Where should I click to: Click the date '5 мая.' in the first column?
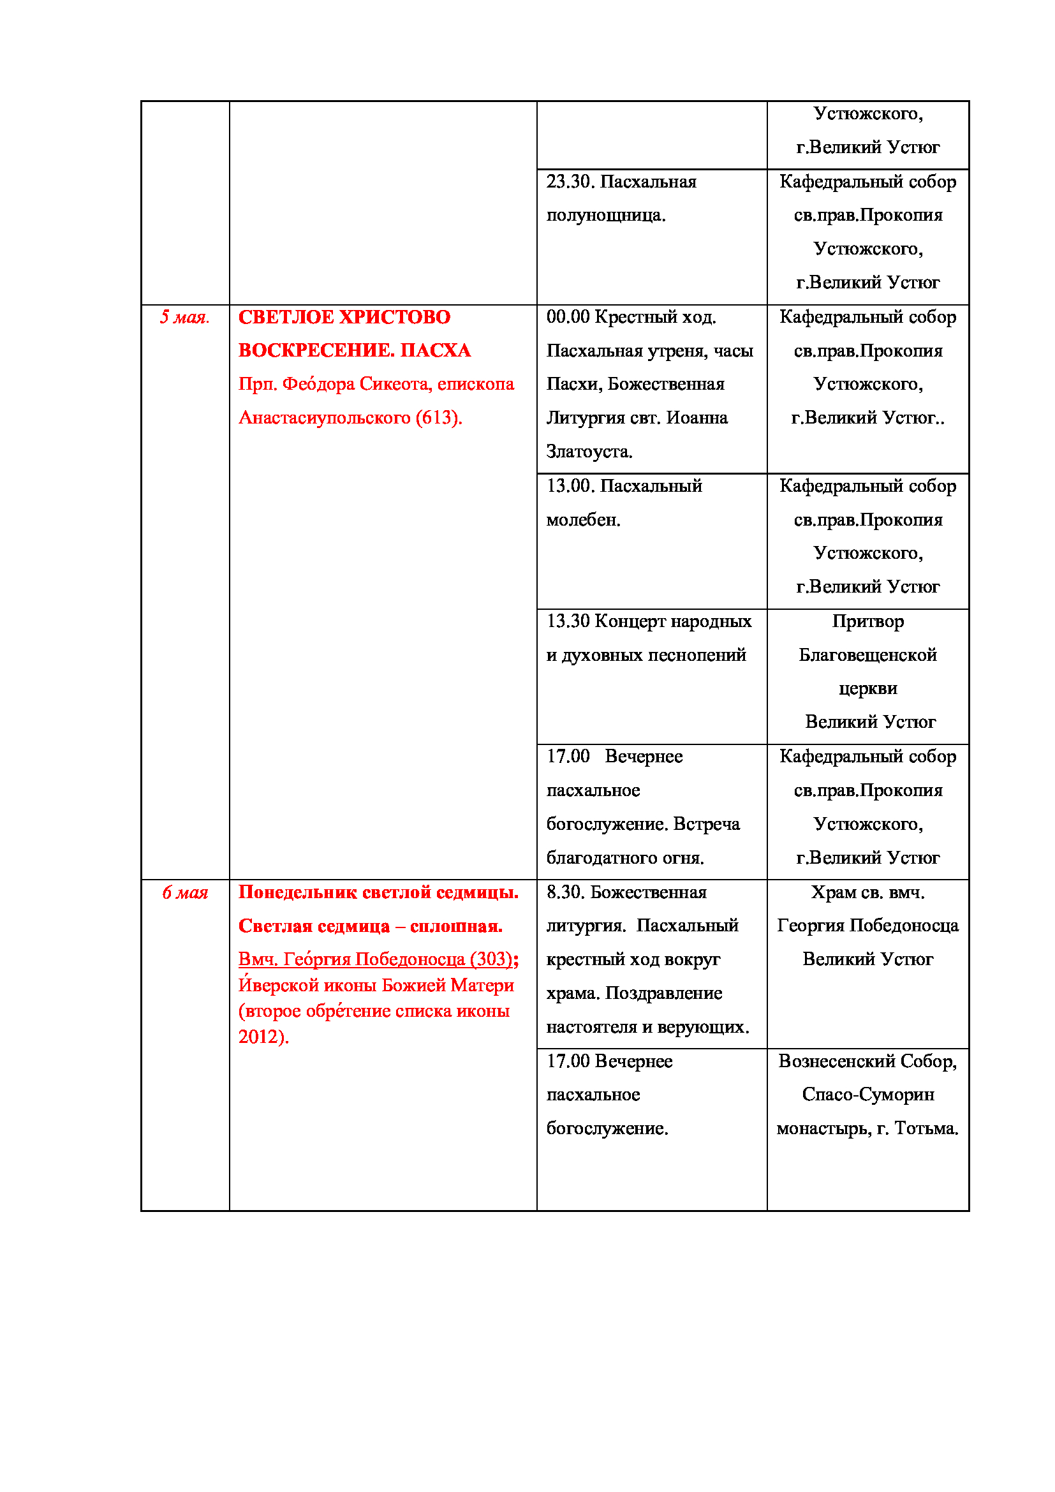pyautogui.click(x=184, y=317)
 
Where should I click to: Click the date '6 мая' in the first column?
pyautogui.click(x=184, y=893)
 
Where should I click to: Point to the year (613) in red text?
pyautogui.click(x=438, y=418)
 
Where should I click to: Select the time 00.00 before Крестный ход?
pyautogui.click(x=567, y=317)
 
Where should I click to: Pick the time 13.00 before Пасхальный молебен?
pyautogui.click(x=570, y=486)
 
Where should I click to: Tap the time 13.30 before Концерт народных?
pyautogui.click(x=567, y=621)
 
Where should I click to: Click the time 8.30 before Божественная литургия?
pyautogui.click(x=564, y=892)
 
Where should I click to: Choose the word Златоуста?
pyautogui.click(x=589, y=452)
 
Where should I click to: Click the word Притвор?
pyautogui.click(x=867, y=621)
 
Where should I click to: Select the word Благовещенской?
pyautogui.click(x=867, y=655)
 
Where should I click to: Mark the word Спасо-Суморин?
pyautogui.click(x=867, y=1095)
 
